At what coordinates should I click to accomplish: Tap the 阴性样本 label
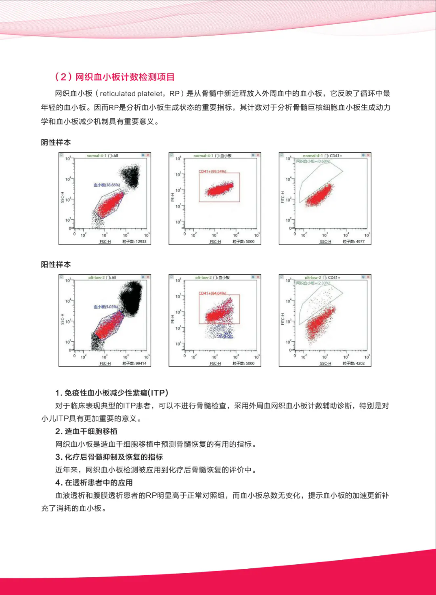tap(56, 142)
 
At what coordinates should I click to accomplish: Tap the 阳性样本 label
tap(56, 265)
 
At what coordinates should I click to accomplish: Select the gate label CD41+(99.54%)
tap(212, 171)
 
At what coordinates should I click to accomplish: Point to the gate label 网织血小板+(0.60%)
tap(313, 161)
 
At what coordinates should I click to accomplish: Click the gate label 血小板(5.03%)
tap(106, 307)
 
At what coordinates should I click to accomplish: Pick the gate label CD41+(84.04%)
tap(212, 293)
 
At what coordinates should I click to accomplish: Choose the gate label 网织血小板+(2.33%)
tap(313, 283)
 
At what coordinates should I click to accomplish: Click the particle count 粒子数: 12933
tap(134, 242)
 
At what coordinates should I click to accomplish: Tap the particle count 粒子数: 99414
tap(134, 364)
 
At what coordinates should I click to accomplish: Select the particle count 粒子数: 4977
tap(354, 242)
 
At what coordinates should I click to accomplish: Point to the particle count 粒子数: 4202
tap(354, 364)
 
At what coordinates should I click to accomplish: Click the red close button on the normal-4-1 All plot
tap(148, 155)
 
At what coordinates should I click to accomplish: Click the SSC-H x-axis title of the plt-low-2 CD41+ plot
tap(325, 364)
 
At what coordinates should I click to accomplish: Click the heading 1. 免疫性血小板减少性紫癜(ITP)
tap(112, 393)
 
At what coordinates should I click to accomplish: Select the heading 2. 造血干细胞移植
tap(86, 431)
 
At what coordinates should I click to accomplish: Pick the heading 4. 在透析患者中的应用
tap(94, 482)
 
